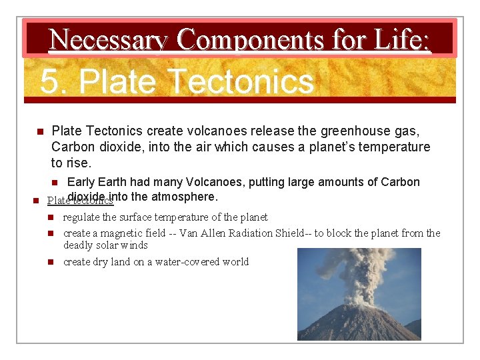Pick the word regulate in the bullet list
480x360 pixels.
click(82, 217)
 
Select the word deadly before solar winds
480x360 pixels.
click(79, 245)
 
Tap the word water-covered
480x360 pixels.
click(186, 262)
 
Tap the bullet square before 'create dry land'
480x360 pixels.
click(51, 262)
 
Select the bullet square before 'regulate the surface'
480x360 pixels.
click(51, 217)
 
